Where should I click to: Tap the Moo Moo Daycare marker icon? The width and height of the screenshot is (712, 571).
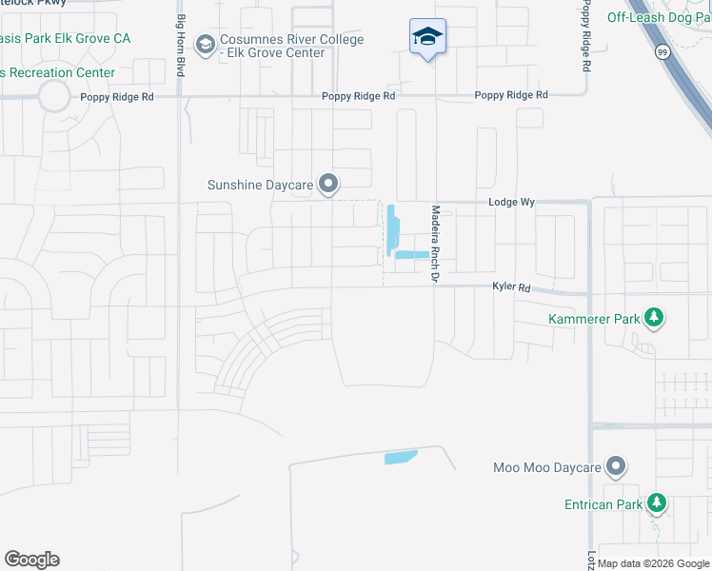[616, 466]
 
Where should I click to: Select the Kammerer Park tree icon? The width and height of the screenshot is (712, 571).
[654, 318]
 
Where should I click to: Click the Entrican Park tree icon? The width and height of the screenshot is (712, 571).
[655, 502]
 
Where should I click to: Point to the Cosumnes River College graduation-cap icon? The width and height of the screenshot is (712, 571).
[205, 45]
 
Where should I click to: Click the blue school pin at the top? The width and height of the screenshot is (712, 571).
[427, 38]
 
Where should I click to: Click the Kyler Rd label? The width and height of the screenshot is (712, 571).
[511, 286]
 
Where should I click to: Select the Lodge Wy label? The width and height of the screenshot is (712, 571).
[506, 203]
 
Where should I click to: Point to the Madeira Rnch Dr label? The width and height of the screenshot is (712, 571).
[435, 244]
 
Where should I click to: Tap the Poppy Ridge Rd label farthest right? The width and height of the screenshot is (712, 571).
[511, 95]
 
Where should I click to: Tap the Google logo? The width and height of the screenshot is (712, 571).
[31, 560]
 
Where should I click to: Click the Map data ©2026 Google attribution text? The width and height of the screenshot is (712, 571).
[654, 563]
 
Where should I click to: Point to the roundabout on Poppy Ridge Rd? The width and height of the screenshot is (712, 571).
[53, 96]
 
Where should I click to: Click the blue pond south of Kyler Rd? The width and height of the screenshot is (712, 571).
[401, 458]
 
